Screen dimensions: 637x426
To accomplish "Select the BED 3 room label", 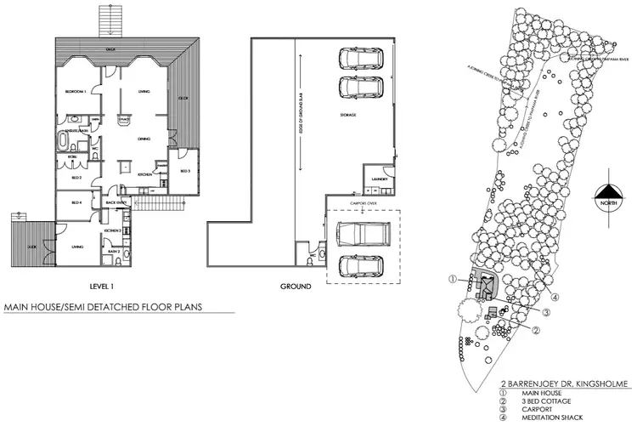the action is [184, 170].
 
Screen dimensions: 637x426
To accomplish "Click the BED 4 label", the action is [76, 202].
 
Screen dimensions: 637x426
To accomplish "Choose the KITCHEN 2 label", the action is [114, 230].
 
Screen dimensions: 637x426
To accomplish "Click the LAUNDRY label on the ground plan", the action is [380, 179].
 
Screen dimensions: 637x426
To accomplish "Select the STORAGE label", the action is [347, 114].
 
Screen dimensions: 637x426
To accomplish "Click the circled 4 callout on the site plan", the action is [553, 296].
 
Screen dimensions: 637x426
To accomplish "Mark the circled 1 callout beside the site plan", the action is [454, 279].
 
